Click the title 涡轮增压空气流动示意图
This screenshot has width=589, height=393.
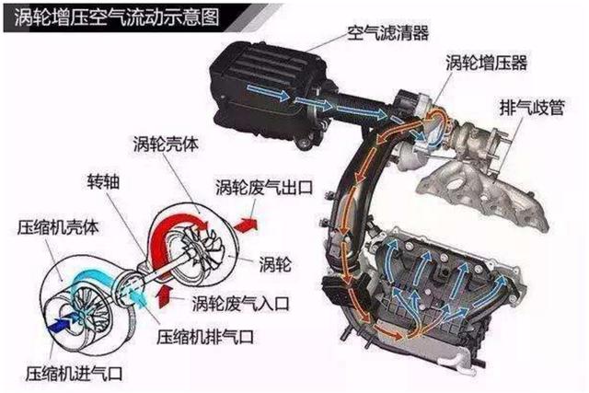(117, 17)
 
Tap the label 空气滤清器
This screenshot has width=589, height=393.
(388, 33)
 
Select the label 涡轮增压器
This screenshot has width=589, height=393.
(487, 63)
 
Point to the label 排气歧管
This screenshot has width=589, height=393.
(532, 108)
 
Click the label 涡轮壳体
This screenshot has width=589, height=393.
(166, 144)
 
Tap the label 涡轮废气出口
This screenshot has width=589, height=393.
(264, 187)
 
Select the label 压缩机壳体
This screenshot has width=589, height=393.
(58, 227)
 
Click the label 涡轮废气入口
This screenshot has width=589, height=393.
(241, 303)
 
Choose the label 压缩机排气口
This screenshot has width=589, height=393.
(205, 337)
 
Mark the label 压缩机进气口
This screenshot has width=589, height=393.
(75, 373)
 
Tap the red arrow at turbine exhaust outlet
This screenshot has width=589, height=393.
(247, 224)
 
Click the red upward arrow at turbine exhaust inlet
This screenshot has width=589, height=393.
(164, 296)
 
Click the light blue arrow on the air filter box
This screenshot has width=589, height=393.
(269, 92)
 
